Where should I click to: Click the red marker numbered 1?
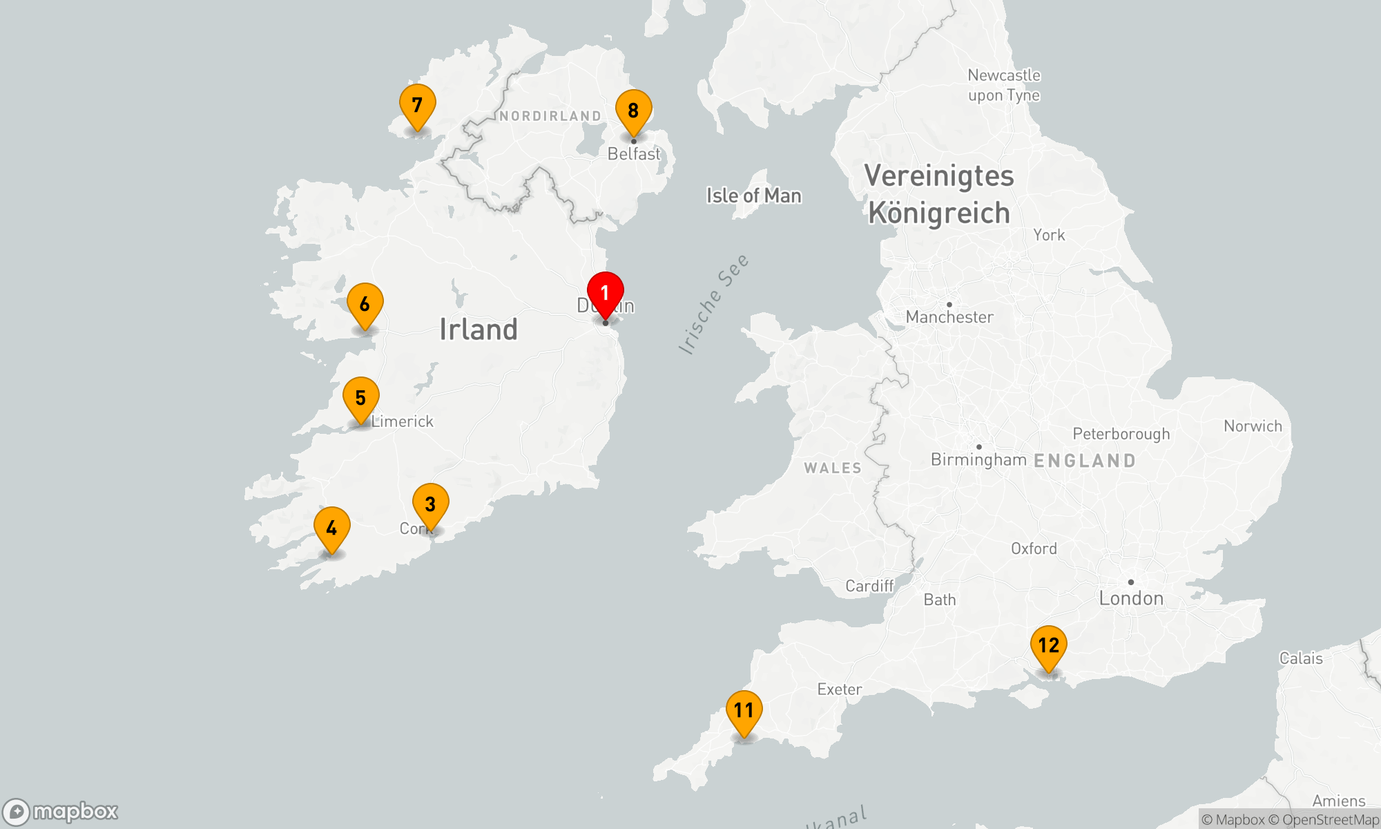tap(606, 294)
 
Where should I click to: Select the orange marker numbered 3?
tap(430, 505)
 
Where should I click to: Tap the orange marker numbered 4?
tap(331, 529)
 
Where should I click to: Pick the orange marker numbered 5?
tap(360, 399)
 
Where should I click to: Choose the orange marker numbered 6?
tap(365, 305)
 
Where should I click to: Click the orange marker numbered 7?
tap(417, 106)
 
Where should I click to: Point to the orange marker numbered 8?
tap(633, 111)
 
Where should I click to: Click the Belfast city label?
tap(634, 154)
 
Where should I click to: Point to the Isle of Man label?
tap(753, 196)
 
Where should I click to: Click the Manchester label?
tap(949, 317)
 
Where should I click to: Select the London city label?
tap(1131, 598)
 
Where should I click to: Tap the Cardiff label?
tap(869, 587)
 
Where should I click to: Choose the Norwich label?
tap(1253, 426)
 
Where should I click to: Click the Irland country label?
tap(479, 330)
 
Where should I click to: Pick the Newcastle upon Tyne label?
tap(1004, 85)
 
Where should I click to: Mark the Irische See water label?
tap(713, 304)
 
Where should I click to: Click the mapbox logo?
tap(61, 812)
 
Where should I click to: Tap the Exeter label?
tap(839, 689)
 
